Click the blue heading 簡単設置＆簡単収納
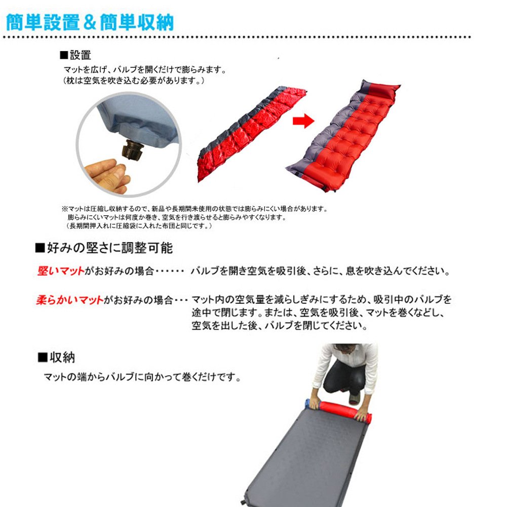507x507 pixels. coord(90,23)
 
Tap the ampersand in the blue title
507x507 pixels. coord(90,23)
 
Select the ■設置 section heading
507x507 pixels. coord(75,55)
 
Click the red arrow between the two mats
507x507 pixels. coord(303,121)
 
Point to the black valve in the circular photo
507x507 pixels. coord(132,150)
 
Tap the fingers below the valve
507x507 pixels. coord(107,176)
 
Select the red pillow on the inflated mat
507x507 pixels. coord(381,90)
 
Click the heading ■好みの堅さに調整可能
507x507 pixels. coord(104,248)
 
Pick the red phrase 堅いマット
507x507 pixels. coord(61,270)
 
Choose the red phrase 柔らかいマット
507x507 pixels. coord(69,300)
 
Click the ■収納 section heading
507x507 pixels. coord(56,357)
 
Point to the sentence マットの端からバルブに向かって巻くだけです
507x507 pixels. coord(142,377)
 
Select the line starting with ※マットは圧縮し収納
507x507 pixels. coord(194,209)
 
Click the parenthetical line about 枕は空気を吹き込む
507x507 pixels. coord(133,81)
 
